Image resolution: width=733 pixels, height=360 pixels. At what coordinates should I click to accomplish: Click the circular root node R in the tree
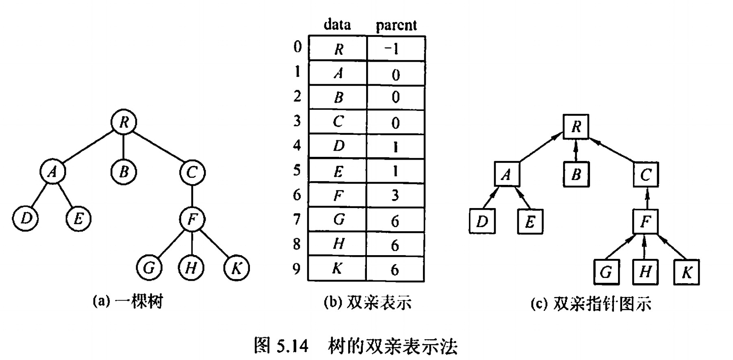point(124,122)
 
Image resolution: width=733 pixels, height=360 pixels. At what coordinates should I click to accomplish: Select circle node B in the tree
point(124,172)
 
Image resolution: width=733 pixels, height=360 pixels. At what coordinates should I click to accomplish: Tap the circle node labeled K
point(236,268)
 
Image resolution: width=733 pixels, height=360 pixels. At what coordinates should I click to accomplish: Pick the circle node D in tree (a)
point(25,219)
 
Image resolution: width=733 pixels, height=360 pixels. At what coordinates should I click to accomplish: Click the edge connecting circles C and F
point(192,196)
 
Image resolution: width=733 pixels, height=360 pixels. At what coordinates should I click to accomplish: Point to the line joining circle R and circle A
point(87,147)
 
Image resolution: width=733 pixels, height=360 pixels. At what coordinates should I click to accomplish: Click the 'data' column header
point(337,25)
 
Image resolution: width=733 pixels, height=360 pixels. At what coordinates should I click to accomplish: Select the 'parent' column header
point(396,25)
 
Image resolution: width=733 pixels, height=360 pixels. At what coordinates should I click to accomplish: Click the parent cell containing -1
point(396,49)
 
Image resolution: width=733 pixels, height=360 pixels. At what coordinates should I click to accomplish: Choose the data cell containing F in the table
point(338,195)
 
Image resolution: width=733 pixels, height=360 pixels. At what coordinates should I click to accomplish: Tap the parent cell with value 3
point(396,195)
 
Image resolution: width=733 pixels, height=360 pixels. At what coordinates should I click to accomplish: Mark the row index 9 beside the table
point(297,269)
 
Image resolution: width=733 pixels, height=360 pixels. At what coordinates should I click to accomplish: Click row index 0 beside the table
point(297,47)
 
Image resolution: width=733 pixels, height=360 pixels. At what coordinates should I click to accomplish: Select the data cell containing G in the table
point(338,220)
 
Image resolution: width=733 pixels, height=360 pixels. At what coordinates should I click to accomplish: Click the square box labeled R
point(576,127)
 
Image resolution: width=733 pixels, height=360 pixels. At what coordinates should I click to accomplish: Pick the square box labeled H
point(645,271)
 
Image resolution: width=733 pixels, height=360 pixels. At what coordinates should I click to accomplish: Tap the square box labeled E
point(530,222)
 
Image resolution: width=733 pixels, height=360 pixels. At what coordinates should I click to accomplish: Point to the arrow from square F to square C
point(646,198)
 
